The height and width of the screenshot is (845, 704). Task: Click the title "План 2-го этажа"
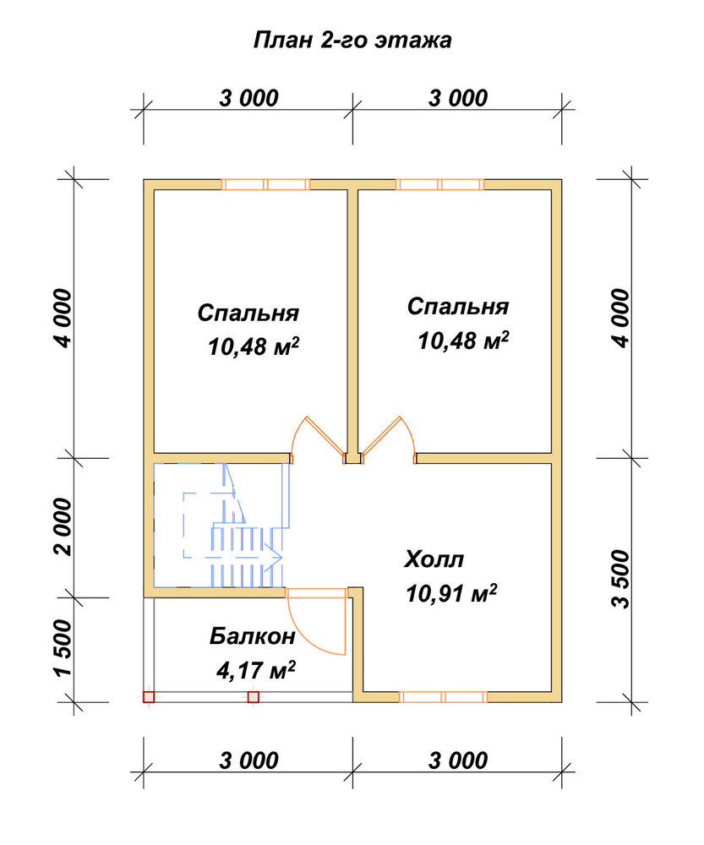[x=352, y=41]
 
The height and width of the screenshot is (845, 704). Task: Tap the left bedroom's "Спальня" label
[x=248, y=313]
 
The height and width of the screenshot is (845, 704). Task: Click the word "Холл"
[x=434, y=559]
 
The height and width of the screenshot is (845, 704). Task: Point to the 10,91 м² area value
[x=451, y=593]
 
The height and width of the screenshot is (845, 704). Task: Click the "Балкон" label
[x=253, y=636]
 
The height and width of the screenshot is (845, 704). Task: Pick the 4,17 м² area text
[x=255, y=671]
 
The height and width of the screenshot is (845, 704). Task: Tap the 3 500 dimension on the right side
[x=620, y=580]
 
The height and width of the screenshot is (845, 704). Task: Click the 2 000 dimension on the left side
[x=63, y=526]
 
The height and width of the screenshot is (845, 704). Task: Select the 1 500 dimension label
[x=63, y=649]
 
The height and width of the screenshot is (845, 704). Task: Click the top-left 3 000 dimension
[x=248, y=98]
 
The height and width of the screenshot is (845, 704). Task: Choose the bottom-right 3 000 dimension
[x=458, y=760]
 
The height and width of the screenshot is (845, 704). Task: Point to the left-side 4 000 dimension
[x=63, y=318]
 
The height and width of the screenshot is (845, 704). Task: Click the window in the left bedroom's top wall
[x=265, y=184]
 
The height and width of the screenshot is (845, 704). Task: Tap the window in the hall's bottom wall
[x=443, y=697]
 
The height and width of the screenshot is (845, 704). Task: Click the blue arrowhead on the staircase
[x=275, y=557]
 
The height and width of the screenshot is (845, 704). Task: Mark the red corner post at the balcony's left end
[x=149, y=697]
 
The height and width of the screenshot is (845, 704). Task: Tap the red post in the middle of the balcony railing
[x=254, y=697]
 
